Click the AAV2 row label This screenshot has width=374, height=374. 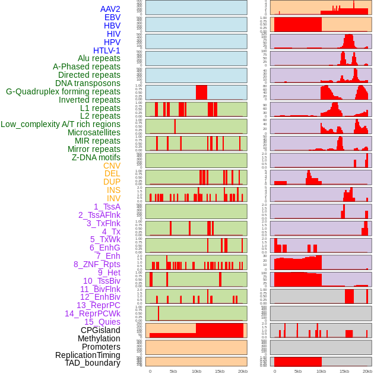click(110, 9)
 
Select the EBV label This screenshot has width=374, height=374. click(112, 17)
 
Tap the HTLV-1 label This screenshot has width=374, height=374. click(107, 50)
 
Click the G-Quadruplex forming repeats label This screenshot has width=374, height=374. click(63, 91)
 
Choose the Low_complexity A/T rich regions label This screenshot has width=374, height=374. click(61, 124)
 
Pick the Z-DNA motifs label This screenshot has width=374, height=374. click(96, 157)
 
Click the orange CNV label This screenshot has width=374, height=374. click(112, 166)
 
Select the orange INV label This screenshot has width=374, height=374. click(113, 198)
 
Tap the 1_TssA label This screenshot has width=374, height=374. click(107, 207)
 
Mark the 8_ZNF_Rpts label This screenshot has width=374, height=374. click(97, 264)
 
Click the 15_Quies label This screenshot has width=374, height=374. click(102, 322)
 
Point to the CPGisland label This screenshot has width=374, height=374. click(100, 330)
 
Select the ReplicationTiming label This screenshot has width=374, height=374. click(88, 355)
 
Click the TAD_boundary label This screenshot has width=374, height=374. click(93, 363)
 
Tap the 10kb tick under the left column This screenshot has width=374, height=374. click(196, 371)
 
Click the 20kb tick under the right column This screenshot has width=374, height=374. click(367, 371)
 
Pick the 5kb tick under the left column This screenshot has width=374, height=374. click(173, 371)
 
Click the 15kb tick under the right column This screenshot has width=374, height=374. click(344, 371)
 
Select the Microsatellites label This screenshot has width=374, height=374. click(94, 132)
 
